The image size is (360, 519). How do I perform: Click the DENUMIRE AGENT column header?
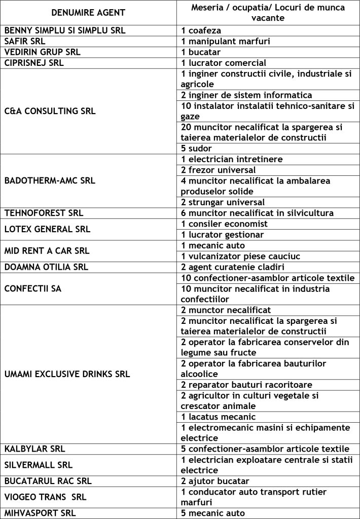(x=88, y=12)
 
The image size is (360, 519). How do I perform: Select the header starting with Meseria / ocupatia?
(x=268, y=12)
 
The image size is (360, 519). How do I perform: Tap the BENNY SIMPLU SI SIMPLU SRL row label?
(x=65, y=30)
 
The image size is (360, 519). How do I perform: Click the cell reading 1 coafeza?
(x=201, y=30)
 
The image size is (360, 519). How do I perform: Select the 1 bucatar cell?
(x=201, y=52)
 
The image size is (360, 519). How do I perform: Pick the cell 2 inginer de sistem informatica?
(x=246, y=95)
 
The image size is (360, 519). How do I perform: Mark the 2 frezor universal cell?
(x=218, y=170)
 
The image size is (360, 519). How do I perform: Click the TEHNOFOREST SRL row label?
(x=44, y=213)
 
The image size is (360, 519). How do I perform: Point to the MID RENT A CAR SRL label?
(x=47, y=250)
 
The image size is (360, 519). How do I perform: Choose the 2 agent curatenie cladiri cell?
(x=233, y=267)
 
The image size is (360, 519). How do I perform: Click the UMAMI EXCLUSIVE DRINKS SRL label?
(x=67, y=375)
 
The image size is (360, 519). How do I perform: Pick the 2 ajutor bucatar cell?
(x=215, y=481)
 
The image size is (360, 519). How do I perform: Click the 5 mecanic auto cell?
(x=213, y=513)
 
